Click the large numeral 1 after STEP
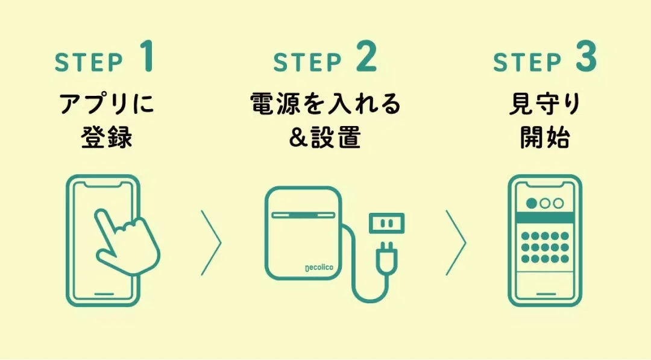point(147,57)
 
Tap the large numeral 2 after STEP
point(365,57)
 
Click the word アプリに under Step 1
point(107,105)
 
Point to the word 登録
point(106,138)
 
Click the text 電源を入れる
point(325,105)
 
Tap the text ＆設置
point(325,138)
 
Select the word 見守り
point(545,105)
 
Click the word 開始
point(545,138)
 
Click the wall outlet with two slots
point(386,224)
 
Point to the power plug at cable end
point(385,259)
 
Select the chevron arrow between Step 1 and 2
point(212,242)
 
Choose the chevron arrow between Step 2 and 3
point(456,242)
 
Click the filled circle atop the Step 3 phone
point(532,203)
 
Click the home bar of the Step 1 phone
point(104,295)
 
